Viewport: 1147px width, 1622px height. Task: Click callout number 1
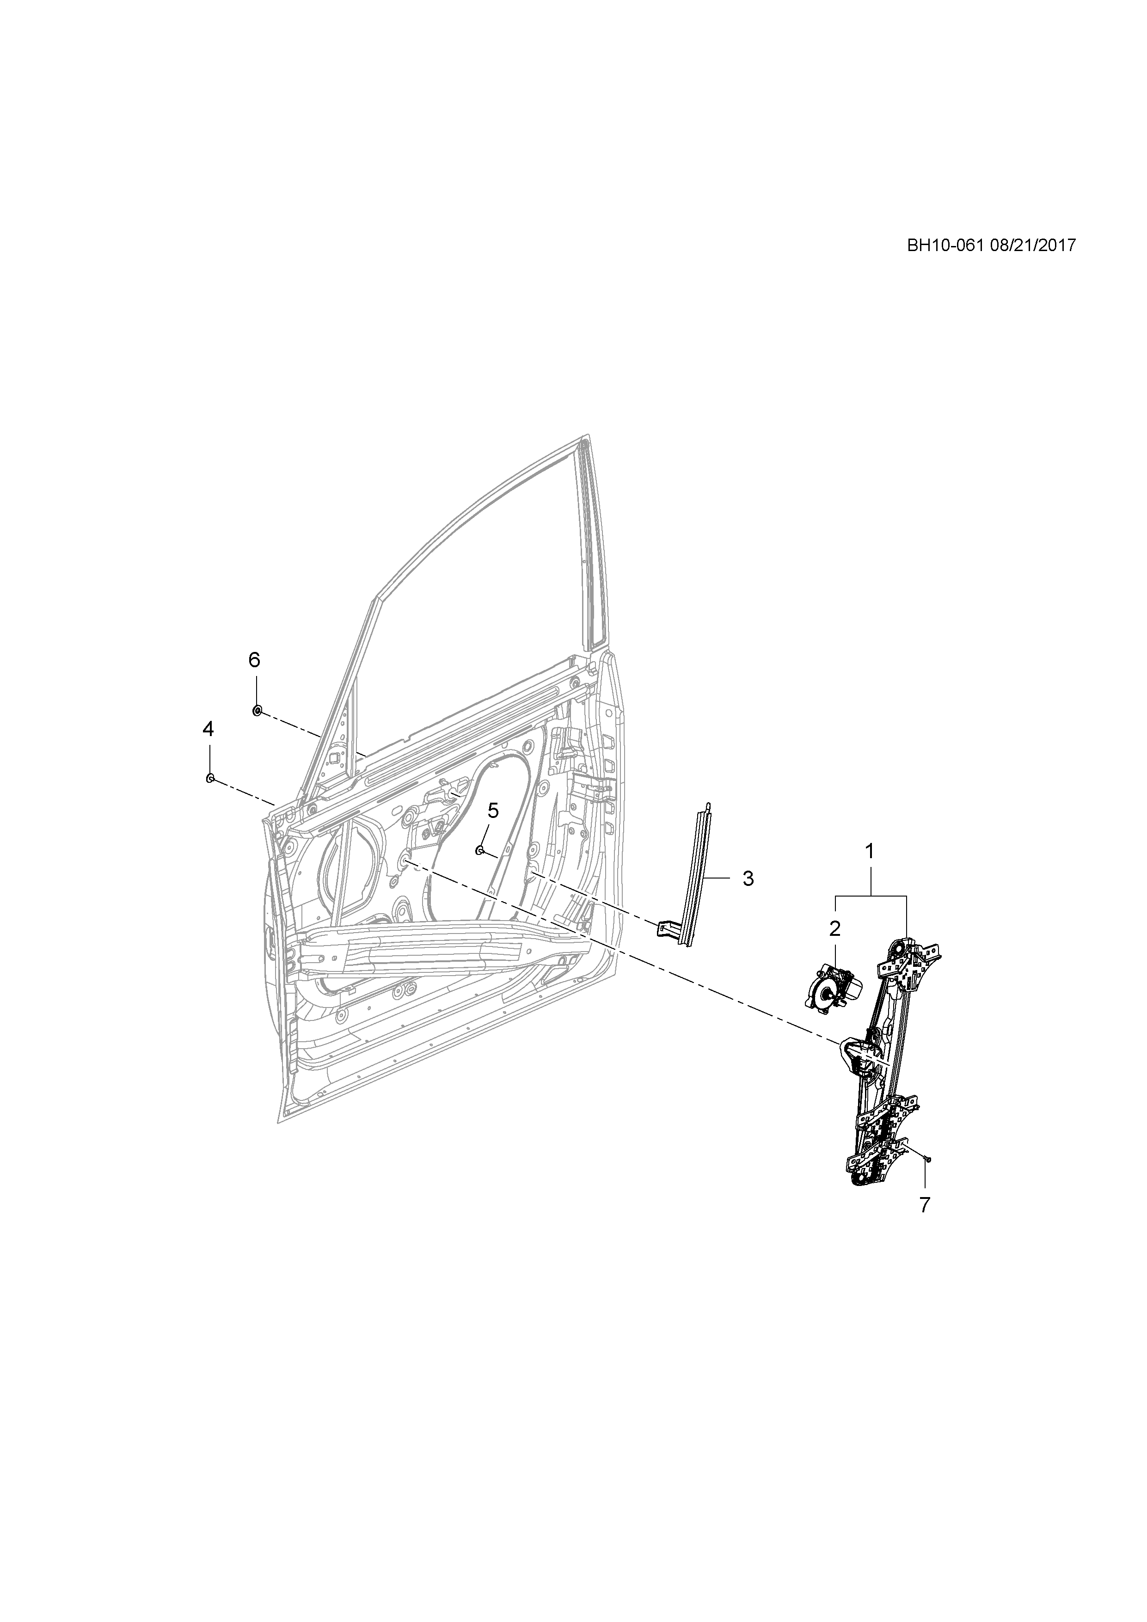click(870, 851)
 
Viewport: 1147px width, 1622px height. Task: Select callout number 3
click(748, 879)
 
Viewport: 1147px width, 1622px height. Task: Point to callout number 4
click(208, 729)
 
